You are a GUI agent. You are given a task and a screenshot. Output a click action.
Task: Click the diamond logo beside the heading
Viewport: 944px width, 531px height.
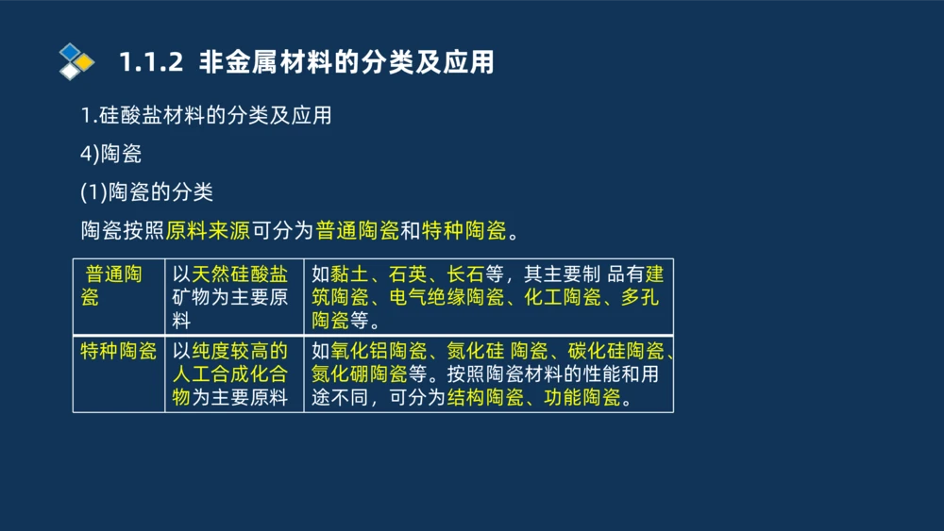(x=76, y=62)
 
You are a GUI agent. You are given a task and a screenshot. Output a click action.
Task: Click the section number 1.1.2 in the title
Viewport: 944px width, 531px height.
(x=149, y=63)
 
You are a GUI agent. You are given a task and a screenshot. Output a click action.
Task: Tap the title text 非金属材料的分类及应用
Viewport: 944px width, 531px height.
(x=346, y=63)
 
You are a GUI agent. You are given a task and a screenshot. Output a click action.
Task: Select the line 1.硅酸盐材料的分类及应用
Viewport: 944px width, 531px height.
(x=206, y=116)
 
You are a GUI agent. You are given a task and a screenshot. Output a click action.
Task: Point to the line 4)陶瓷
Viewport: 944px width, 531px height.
(x=110, y=155)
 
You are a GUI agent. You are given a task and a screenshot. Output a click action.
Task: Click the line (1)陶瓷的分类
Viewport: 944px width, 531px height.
(x=146, y=192)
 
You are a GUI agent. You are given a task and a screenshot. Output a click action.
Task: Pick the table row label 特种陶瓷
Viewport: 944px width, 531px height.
(x=118, y=352)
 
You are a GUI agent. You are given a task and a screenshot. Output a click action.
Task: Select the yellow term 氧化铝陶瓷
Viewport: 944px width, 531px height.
(x=379, y=352)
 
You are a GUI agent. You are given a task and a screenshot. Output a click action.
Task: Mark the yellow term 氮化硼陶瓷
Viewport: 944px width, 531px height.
(x=360, y=374)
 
